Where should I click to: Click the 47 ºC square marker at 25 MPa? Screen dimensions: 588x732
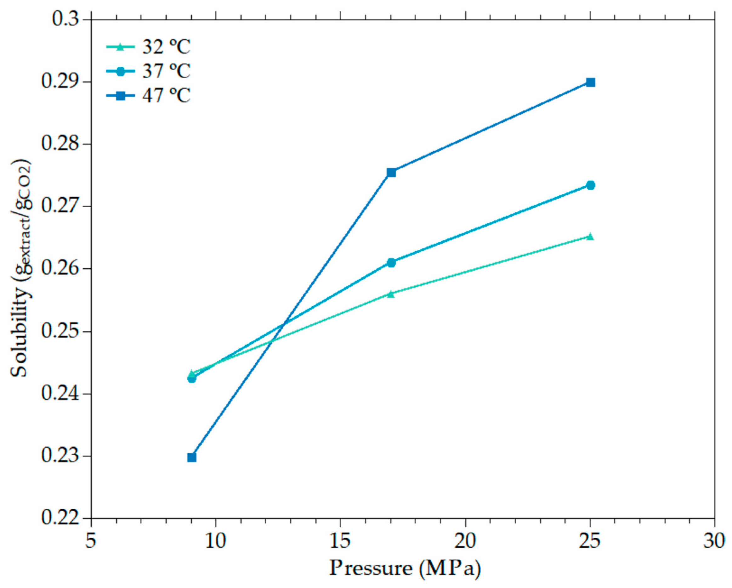pos(590,82)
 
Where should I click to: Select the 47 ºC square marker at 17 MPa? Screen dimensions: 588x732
pos(391,172)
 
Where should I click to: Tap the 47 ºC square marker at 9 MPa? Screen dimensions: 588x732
pos(192,457)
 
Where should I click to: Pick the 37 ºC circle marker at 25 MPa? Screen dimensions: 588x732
pos(590,185)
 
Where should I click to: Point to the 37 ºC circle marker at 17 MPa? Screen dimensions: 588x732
pos(391,263)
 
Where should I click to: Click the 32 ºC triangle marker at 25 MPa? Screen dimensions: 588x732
pos(590,237)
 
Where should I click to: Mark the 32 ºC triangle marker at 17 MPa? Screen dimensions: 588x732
pos(391,294)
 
